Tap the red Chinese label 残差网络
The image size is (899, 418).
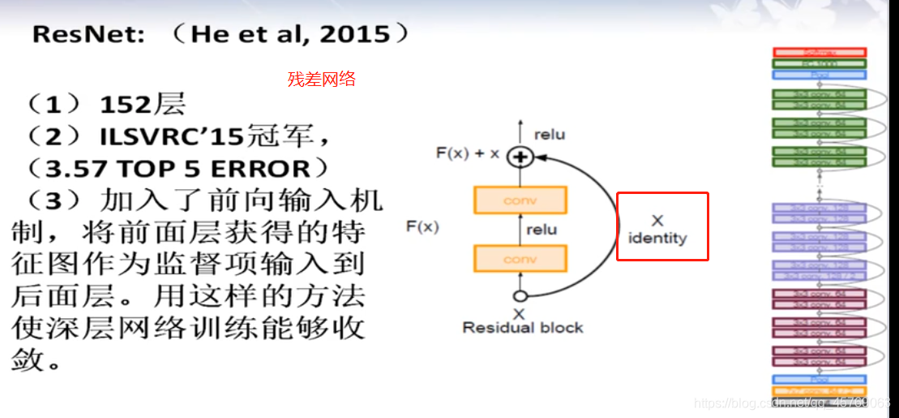[322, 80]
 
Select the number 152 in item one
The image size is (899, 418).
[126, 104]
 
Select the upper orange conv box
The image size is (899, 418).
[520, 200]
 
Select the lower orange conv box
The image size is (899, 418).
[520, 259]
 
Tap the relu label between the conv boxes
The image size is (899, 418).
[542, 230]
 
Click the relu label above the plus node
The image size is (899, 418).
[550, 134]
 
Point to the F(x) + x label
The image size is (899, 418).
[468, 153]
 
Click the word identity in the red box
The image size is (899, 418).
[657, 239]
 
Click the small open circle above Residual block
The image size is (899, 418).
[520, 297]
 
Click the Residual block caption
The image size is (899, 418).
[523, 328]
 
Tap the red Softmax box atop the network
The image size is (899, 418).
[820, 52]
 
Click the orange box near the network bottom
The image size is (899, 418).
[820, 391]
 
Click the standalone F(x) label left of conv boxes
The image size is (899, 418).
[422, 227]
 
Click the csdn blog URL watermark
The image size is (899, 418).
[793, 403]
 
